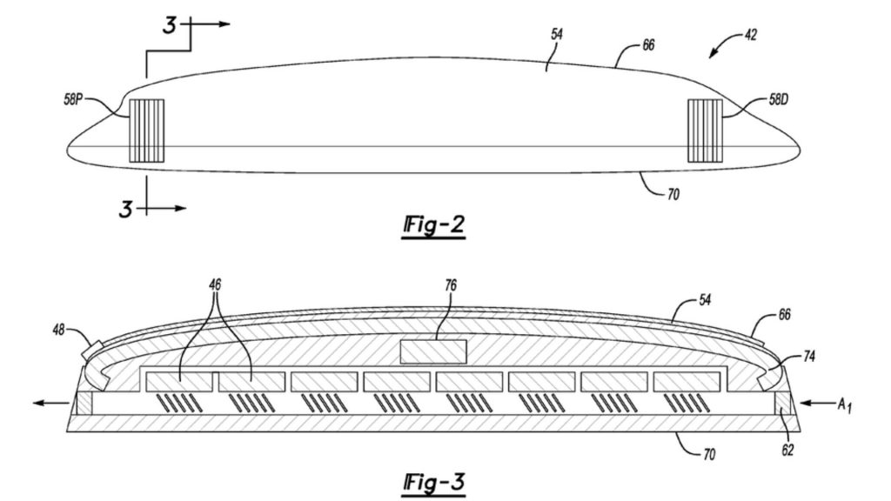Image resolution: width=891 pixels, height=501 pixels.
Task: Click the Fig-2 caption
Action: (434, 225)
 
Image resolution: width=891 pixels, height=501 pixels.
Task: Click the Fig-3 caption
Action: (434, 483)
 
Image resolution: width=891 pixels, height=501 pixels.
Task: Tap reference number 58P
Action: (73, 100)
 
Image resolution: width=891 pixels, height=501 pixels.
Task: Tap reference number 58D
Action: (779, 100)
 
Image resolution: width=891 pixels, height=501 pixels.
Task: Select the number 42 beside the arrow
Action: (751, 35)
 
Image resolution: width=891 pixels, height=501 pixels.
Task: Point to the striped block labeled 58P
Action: (146, 130)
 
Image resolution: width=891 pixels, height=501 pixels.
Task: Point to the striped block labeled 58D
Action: (705, 130)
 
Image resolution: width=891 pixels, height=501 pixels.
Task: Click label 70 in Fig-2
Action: (673, 195)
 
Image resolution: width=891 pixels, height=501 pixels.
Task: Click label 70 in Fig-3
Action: (709, 454)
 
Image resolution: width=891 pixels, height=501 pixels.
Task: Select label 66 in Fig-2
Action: (648, 45)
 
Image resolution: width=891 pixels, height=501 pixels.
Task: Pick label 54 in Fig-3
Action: (705, 300)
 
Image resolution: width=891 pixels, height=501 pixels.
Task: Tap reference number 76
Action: (451, 285)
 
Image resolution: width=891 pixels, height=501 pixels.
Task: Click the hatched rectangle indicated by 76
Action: (433, 351)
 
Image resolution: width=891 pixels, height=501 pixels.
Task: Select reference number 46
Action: (215, 285)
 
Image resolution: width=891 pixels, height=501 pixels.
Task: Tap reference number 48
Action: (58, 330)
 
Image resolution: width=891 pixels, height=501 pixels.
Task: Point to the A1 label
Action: (845, 405)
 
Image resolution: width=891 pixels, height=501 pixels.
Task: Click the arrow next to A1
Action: (816, 404)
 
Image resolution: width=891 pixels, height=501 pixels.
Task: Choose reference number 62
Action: (787, 451)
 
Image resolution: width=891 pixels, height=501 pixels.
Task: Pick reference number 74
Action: (809, 356)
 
